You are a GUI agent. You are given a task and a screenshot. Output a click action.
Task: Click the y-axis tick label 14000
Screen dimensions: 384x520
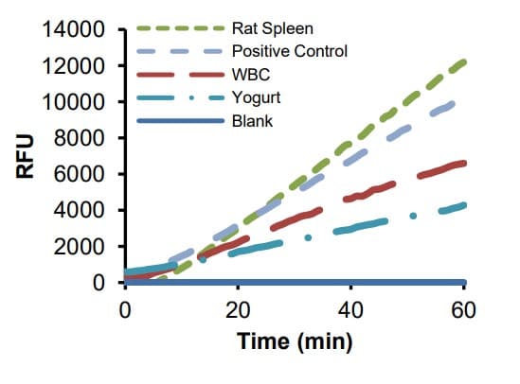pyautogui.click(x=71, y=30)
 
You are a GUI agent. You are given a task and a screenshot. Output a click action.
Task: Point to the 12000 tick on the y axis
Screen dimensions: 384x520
pyautogui.click(x=71, y=66)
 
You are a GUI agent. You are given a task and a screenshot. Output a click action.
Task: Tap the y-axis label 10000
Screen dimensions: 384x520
pyautogui.click(x=71, y=102)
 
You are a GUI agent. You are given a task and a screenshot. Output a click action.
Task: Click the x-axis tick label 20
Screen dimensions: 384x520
pyautogui.click(x=238, y=308)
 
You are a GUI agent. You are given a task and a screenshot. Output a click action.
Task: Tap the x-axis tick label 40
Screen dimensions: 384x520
pyautogui.click(x=350, y=308)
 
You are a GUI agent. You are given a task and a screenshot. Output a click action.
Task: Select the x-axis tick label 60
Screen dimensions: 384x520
pyautogui.click(x=463, y=308)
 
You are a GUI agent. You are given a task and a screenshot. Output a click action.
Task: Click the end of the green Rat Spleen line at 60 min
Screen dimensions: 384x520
pyautogui.click(x=463, y=61)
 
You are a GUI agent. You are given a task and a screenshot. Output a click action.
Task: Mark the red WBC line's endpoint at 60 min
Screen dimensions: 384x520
pyautogui.click(x=463, y=163)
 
